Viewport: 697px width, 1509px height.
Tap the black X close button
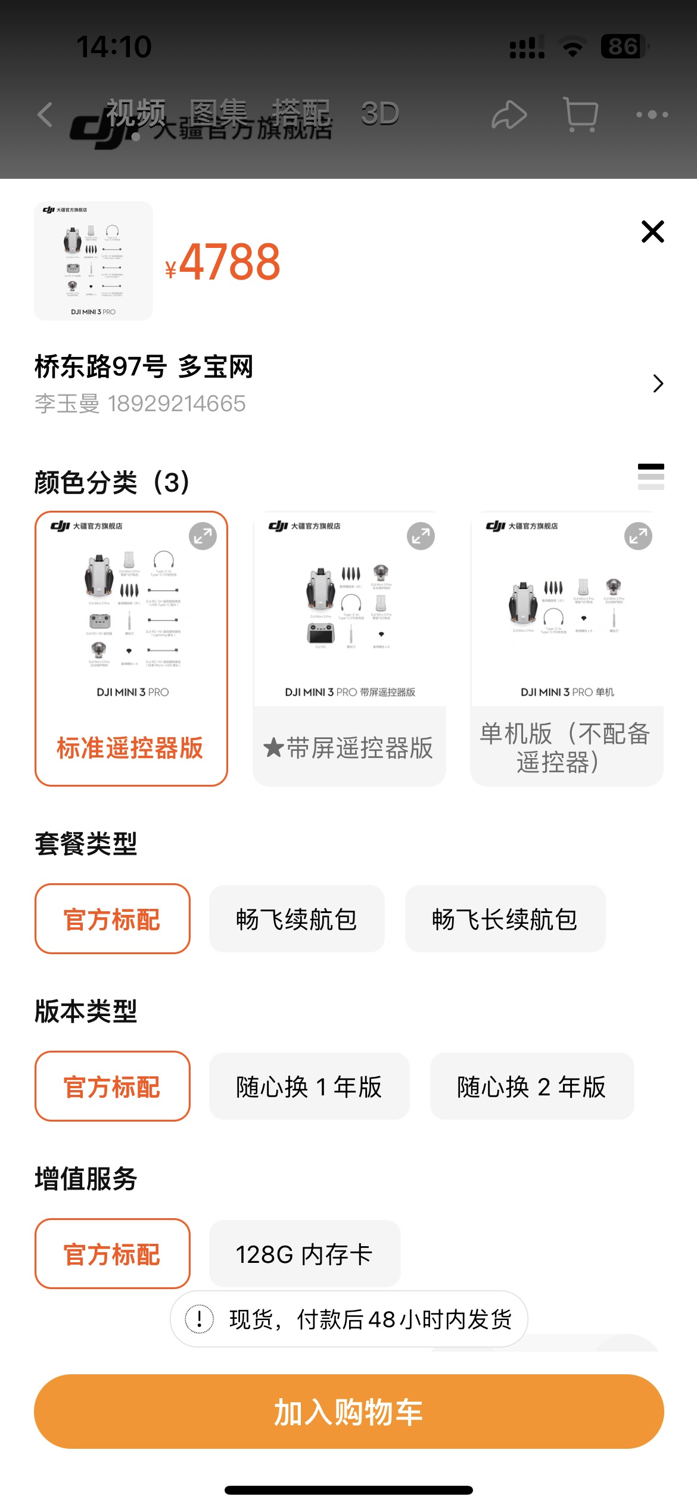[x=652, y=231]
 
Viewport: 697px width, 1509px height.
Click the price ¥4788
[x=223, y=262]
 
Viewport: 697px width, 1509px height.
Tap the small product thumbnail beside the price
[x=94, y=261]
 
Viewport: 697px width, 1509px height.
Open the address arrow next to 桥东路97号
[x=658, y=383]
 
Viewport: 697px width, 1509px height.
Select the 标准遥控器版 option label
[x=130, y=748]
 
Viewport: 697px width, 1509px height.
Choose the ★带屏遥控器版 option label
[x=348, y=748]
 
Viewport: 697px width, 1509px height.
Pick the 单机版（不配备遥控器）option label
[x=566, y=748]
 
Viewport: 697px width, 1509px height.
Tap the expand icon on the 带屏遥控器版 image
[x=421, y=536]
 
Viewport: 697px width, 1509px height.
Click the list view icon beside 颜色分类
[x=651, y=477]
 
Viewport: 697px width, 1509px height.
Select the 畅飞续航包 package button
[x=297, y=919]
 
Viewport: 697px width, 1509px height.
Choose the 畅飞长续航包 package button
[x=505, y=919]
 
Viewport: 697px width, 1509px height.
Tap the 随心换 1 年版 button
[x=309, y=1086]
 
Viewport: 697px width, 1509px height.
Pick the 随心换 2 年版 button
[x=531, y=1086]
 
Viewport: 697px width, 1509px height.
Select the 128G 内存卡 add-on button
[x=304, y=1254]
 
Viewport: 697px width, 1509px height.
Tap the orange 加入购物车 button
[x=348, y=1412]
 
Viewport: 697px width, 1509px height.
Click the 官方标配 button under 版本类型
[x=112, y=1086]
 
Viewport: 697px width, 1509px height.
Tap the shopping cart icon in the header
[x=580, y=114]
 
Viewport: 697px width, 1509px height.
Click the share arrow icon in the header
[x=509, y=114]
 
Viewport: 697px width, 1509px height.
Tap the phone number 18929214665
[x=176, y=404]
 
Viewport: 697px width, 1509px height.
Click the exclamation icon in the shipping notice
[x=200, y=1319]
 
